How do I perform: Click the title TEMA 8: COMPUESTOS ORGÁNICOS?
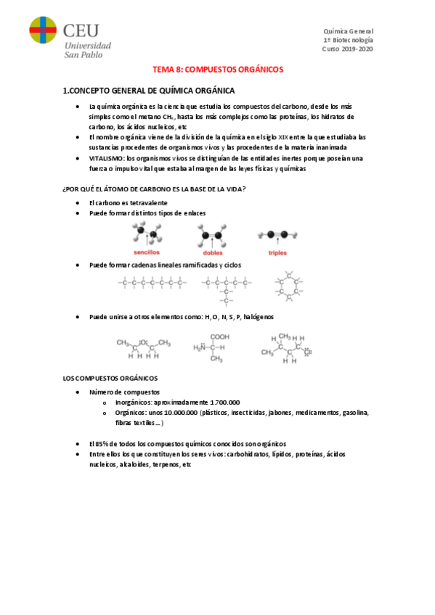point(217,70)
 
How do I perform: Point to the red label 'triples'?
point(277,252)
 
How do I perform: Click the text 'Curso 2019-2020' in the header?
point(346,49)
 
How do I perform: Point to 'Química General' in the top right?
point(348,31)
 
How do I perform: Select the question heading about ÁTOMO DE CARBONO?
point(155,189)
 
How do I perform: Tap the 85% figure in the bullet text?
point(102,443)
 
